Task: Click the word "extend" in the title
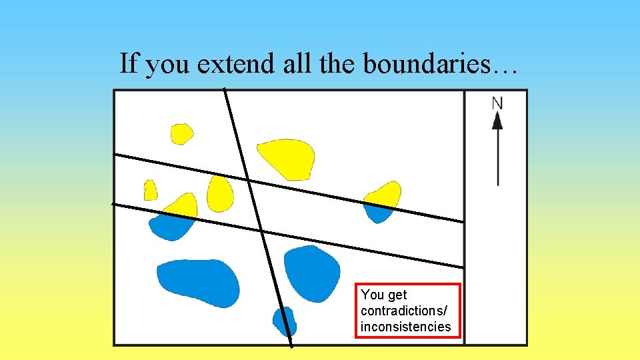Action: [225, 64]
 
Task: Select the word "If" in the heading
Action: [129, 64]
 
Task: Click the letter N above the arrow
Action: [497, 103]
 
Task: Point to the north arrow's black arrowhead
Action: [497, 121]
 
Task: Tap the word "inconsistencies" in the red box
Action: [405, 327]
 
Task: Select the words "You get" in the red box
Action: [383, 295]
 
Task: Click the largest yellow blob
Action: [287, 159]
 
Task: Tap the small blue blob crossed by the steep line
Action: [285, 321]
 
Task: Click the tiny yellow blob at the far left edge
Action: [150, 191]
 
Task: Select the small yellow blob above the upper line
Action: [181, 133]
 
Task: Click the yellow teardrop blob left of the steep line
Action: [219, 193]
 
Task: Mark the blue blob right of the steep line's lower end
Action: [312, 272]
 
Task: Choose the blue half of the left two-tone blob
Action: [171, 227]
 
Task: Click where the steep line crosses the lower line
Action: [261, 231]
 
